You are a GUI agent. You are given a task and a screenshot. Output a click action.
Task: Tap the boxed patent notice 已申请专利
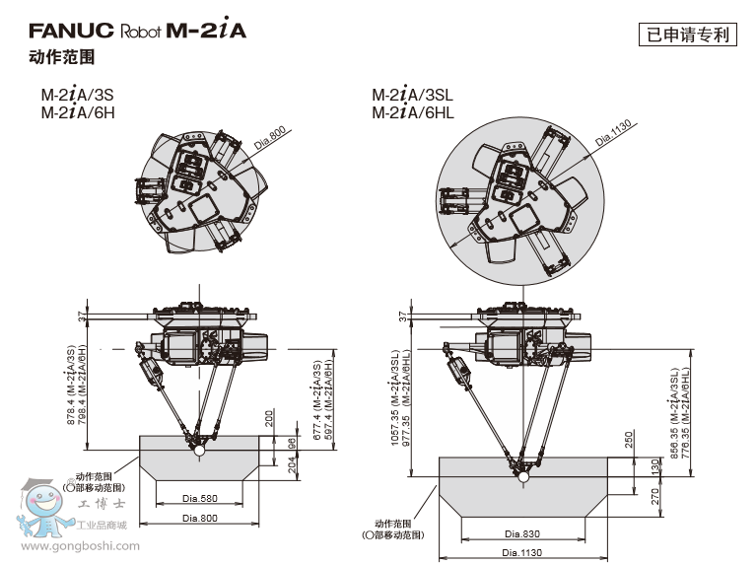[x=687, y=35]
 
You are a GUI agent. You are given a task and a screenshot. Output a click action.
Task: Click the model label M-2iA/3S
[x=78, y=96]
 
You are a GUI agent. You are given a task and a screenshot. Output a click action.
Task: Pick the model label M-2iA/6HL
[x=414, y=112]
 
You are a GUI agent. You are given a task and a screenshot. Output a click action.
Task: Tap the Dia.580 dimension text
[x=200, y=497]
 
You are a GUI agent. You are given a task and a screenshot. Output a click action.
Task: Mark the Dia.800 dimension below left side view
[x=200, y=518]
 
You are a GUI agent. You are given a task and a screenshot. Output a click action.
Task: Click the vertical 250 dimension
[x=627, y=439]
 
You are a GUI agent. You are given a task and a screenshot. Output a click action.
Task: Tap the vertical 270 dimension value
[x=627, y=496]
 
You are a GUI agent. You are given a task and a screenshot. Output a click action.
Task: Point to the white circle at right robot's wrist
[x=522, y=478]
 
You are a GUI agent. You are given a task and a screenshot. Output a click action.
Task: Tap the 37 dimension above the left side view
[x=82, y=316]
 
